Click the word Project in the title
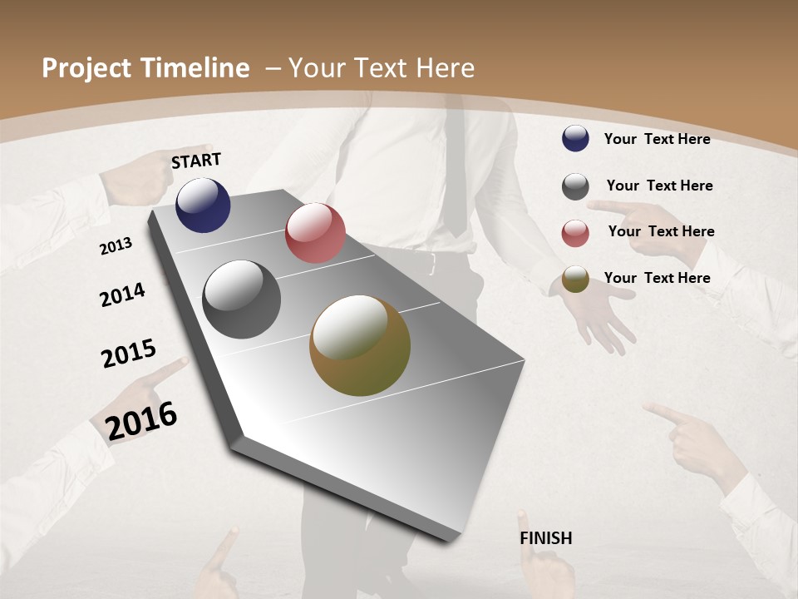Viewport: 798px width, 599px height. pos(86,68)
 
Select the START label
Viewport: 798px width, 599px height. pos(196,161)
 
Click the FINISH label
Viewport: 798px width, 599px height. pos(545,538)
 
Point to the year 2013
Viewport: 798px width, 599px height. pos(116,246)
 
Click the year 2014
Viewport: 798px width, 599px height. pos(122,295)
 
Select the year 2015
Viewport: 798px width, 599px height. pos(129,354)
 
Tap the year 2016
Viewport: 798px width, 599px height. pos(141,420)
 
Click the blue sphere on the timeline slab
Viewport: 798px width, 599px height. pos(203,205)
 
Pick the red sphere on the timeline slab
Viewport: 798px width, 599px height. pos(315,233)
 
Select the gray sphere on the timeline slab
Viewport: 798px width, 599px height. pos(241,299)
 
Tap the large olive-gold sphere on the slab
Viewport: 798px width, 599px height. pos(360,345)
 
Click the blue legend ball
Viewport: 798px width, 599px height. pos(575,139)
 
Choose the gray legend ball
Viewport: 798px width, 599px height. pos(575,186)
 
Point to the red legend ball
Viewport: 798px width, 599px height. pos(575,233)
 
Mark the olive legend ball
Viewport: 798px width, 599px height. pos(575,279)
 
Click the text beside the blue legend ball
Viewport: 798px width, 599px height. pos(657,139)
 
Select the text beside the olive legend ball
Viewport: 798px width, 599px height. pos(657,278)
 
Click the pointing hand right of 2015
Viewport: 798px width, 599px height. pos(163,377)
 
